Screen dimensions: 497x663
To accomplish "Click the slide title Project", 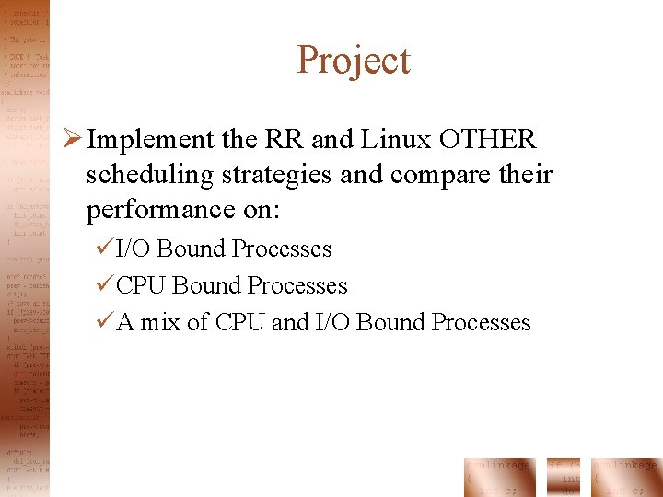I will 354,61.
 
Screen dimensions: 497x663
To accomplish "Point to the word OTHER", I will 487,140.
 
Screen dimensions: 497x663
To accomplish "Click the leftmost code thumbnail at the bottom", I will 498,477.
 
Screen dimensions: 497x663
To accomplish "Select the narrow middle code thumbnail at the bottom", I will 563,477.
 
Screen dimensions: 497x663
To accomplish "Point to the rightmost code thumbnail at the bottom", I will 627,477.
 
